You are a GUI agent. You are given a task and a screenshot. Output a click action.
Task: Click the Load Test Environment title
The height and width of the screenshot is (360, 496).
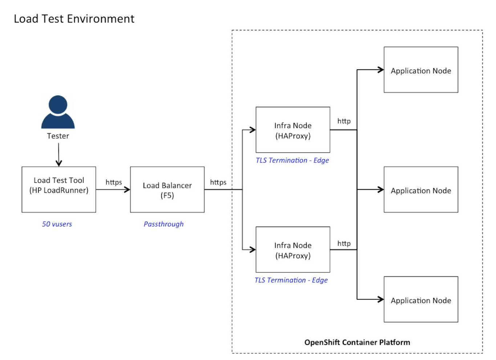[x=74, y=19]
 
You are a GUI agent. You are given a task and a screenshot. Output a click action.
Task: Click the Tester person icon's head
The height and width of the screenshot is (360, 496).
[x=58, y=105]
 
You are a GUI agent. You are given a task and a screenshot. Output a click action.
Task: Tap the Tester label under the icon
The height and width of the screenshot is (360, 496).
[x=58, y=136]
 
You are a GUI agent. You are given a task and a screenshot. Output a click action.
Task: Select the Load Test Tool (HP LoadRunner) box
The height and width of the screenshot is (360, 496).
[x=59, y=189]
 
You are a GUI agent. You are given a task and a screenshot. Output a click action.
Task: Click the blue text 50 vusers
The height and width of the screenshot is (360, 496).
[x=57, y=224]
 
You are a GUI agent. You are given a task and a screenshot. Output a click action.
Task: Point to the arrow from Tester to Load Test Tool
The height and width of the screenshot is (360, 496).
[x=58, y=154]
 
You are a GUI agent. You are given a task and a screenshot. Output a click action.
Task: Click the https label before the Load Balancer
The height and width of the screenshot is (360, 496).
[x=114, y=182]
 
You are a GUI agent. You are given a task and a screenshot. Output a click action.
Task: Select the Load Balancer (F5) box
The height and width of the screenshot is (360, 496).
[x=167, y=189]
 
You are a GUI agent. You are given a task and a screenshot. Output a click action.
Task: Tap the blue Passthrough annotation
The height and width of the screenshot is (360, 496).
[x=163, y=224]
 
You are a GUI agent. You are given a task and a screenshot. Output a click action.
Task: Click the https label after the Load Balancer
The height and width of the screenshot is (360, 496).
[x=218, y=182]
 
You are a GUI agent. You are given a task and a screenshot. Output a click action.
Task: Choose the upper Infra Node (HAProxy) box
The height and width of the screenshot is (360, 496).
[x=293, y=130]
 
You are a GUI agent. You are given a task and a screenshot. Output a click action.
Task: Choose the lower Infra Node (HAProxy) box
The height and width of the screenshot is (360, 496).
[x=293, y=250]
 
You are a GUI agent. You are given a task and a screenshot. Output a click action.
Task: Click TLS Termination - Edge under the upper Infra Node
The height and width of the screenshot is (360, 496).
[x=292, y=160]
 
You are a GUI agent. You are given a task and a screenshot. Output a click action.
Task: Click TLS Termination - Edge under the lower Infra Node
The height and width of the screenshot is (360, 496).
[x=291, y=280]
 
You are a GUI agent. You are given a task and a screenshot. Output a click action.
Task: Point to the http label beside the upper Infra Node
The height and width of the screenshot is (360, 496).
[x=344, y=121]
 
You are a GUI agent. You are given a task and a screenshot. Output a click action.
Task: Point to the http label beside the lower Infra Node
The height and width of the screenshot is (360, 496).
[x=344, y=244]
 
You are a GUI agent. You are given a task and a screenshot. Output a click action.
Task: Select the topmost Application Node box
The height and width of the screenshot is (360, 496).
[x=421, y=70]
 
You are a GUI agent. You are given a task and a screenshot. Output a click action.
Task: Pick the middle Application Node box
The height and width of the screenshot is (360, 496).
[x=421, y=189]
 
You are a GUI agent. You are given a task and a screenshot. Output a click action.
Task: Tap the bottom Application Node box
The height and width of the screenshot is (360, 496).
[x=421, y=299]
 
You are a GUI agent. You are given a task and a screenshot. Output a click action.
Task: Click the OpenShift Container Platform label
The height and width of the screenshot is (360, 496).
[x=357, y=342]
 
